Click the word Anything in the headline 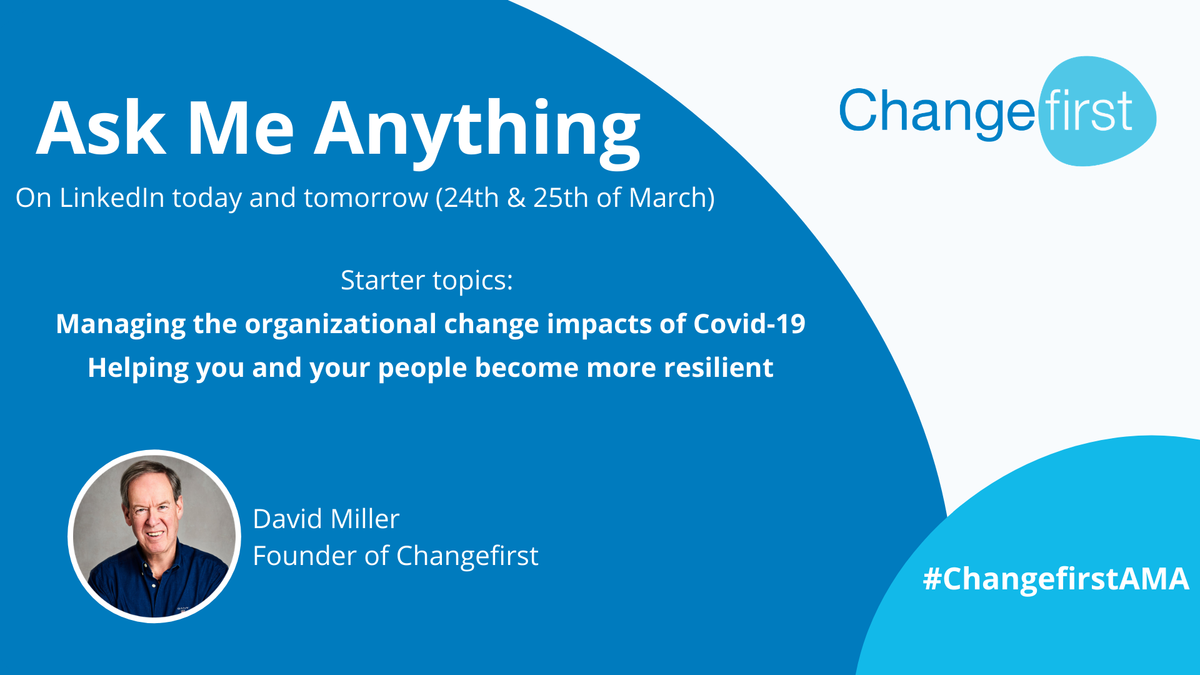[477, 131]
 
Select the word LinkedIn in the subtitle [112, 197]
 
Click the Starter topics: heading [427, 280]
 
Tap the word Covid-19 [749, 324]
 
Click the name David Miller [326, 519]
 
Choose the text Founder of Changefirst [396, 556]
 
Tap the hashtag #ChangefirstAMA [1056, 579]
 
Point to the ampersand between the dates [516, 198]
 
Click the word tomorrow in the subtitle [366, 198]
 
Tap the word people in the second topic [422, 368]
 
